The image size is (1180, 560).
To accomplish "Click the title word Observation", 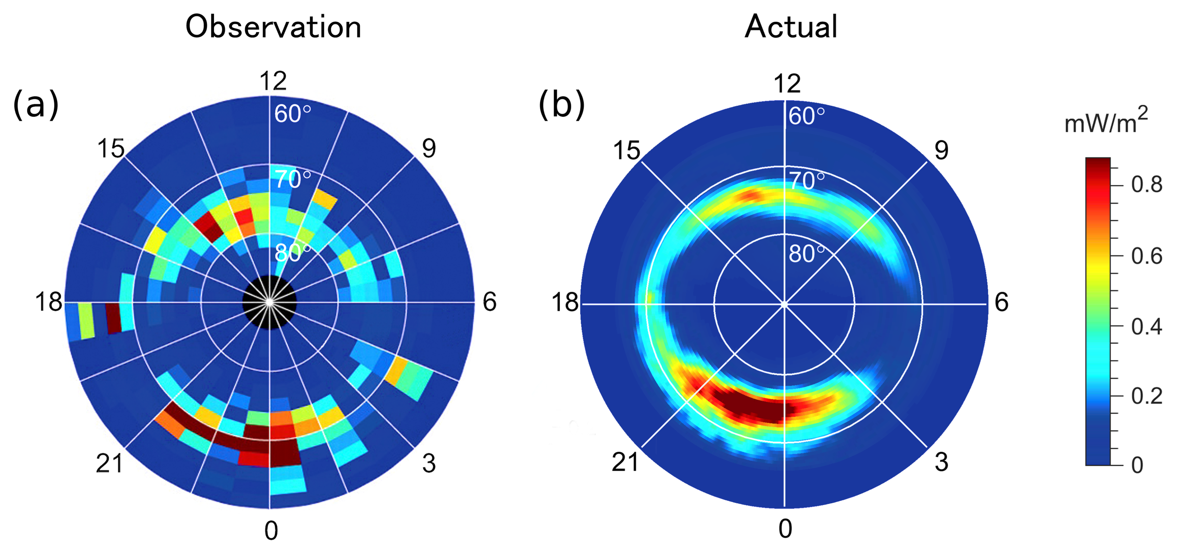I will pos(274,27).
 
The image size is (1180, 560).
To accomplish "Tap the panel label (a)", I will pos(36,105).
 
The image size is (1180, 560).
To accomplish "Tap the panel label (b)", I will pos(562,105).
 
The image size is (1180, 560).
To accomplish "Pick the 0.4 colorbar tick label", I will pos(1147,327).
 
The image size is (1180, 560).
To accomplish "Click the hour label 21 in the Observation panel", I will pos(109,463).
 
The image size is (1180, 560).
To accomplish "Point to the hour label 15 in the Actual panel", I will pos(626,150).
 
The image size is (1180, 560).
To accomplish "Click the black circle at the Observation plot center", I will pos(269,303).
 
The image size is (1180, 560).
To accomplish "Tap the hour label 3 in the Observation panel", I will pos(429,463).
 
